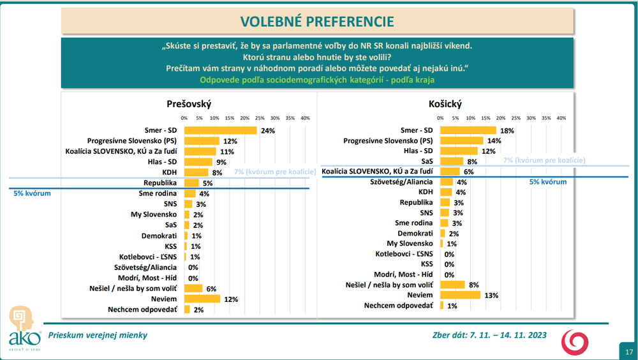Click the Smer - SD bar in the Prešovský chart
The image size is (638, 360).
click(x=220, y=130)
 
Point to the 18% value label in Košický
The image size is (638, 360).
click(x=507, y=130)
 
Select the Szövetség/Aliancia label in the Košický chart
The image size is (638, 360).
click(x=404, y=182)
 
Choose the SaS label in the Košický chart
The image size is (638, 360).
click(x=427, y=161)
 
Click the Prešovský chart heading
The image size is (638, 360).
click(x=188, y=104)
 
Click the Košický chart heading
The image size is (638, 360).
click(x=445, y=104)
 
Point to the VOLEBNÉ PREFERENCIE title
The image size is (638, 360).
click(x=317, y=21)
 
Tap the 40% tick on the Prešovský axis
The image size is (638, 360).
click(x=305, y=118)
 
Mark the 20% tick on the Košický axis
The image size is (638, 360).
click(x=501, y=118)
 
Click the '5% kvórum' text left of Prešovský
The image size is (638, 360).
click(x=32, y=192)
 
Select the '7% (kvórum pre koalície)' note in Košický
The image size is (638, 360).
click(x=544, y=161)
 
